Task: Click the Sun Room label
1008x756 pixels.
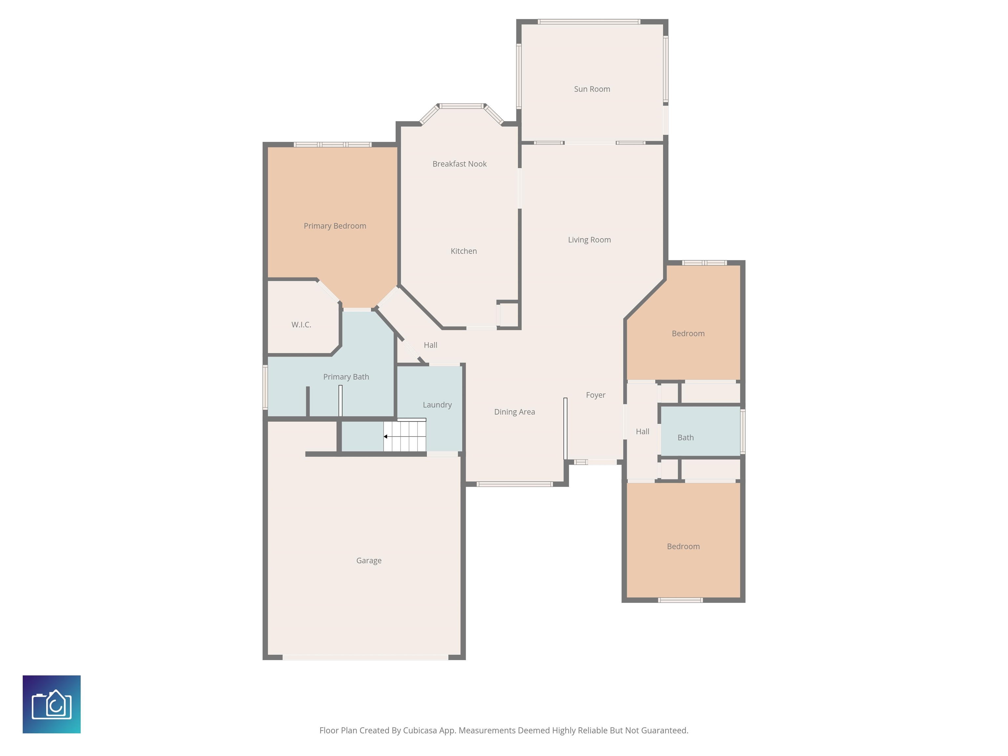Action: point(592,89)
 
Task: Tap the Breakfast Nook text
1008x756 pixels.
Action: point(459,164)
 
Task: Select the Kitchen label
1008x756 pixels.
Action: point(463,251)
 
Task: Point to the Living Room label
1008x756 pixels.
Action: point(589,240)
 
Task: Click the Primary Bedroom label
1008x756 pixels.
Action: point(335,226)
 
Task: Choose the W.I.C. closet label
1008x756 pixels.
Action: point(301,325)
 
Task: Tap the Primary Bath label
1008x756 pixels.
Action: point(346,377)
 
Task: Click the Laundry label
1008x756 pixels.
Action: point(437,405)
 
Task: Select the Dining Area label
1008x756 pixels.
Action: point(514,412)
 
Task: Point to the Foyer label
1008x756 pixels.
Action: point(596,395)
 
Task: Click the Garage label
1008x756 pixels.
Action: point(369,560)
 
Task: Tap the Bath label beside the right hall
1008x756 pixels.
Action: point(685,437)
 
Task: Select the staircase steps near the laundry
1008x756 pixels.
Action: point(405,435)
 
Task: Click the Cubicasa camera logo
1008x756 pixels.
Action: point(52,704)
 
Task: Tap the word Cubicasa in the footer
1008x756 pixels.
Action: point(419,730)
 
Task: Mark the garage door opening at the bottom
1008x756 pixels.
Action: point(366,657)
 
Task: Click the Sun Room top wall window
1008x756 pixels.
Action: point(589,21)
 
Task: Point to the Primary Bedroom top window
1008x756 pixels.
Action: point(333,144)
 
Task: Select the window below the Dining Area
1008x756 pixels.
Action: point(514,484)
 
